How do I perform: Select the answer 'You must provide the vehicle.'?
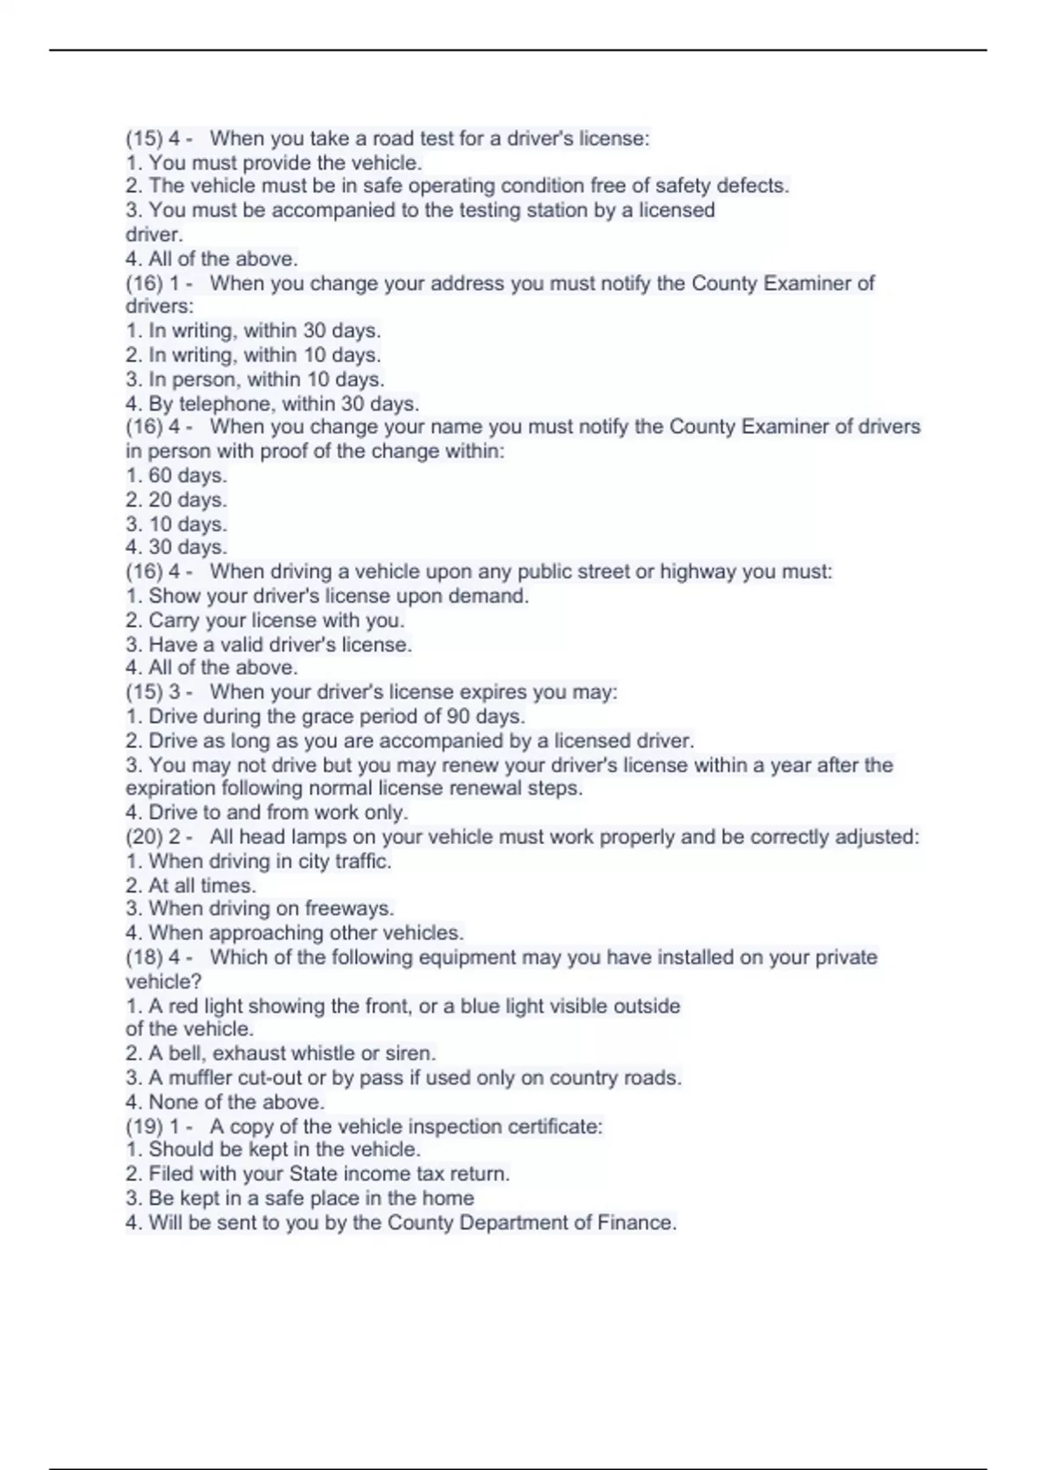coord(274,163)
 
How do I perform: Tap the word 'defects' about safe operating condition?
coord(754,186)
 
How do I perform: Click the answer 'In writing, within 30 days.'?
coord(253,330)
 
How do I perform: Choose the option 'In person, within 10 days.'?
coord(255,379)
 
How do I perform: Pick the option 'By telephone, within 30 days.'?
coord(272,403)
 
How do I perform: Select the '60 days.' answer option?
coord(176,476)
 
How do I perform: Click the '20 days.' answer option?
coord(176,500)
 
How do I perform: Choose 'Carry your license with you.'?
coord(264,620)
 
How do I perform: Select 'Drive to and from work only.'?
coord(266,813)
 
